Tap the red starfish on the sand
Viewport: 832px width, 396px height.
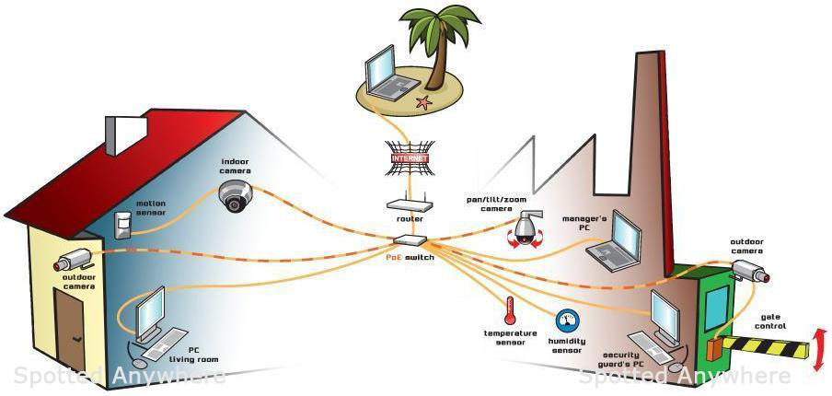click(423, 101)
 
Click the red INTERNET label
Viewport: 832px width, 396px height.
click(410, 158)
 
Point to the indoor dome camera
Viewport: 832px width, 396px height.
click(235, 195)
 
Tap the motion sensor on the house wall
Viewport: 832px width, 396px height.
click(122, 222)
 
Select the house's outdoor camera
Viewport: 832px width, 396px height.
click(75, 259)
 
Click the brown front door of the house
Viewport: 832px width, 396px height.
click(70, 328)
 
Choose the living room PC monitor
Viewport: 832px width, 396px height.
click(149, 313)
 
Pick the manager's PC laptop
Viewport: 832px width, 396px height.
click(618, 241)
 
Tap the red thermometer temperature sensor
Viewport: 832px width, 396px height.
click(509, 310)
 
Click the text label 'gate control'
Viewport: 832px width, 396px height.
click(769, 320)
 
